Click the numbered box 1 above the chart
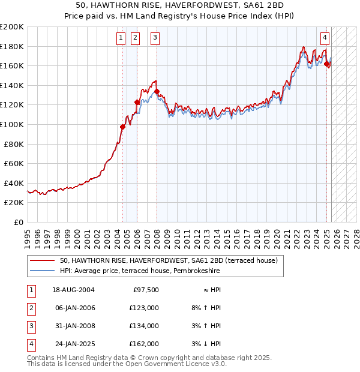(x=121, y=38)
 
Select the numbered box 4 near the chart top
(x=325, y=38)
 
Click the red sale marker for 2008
(x=157, y=92)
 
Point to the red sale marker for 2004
(x=122, y=127)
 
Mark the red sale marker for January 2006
(x=137, y=102)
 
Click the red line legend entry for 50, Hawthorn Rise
(x=169, y=261)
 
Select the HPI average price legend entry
(x=144, y=271)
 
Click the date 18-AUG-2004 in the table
(x=74, y=290)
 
